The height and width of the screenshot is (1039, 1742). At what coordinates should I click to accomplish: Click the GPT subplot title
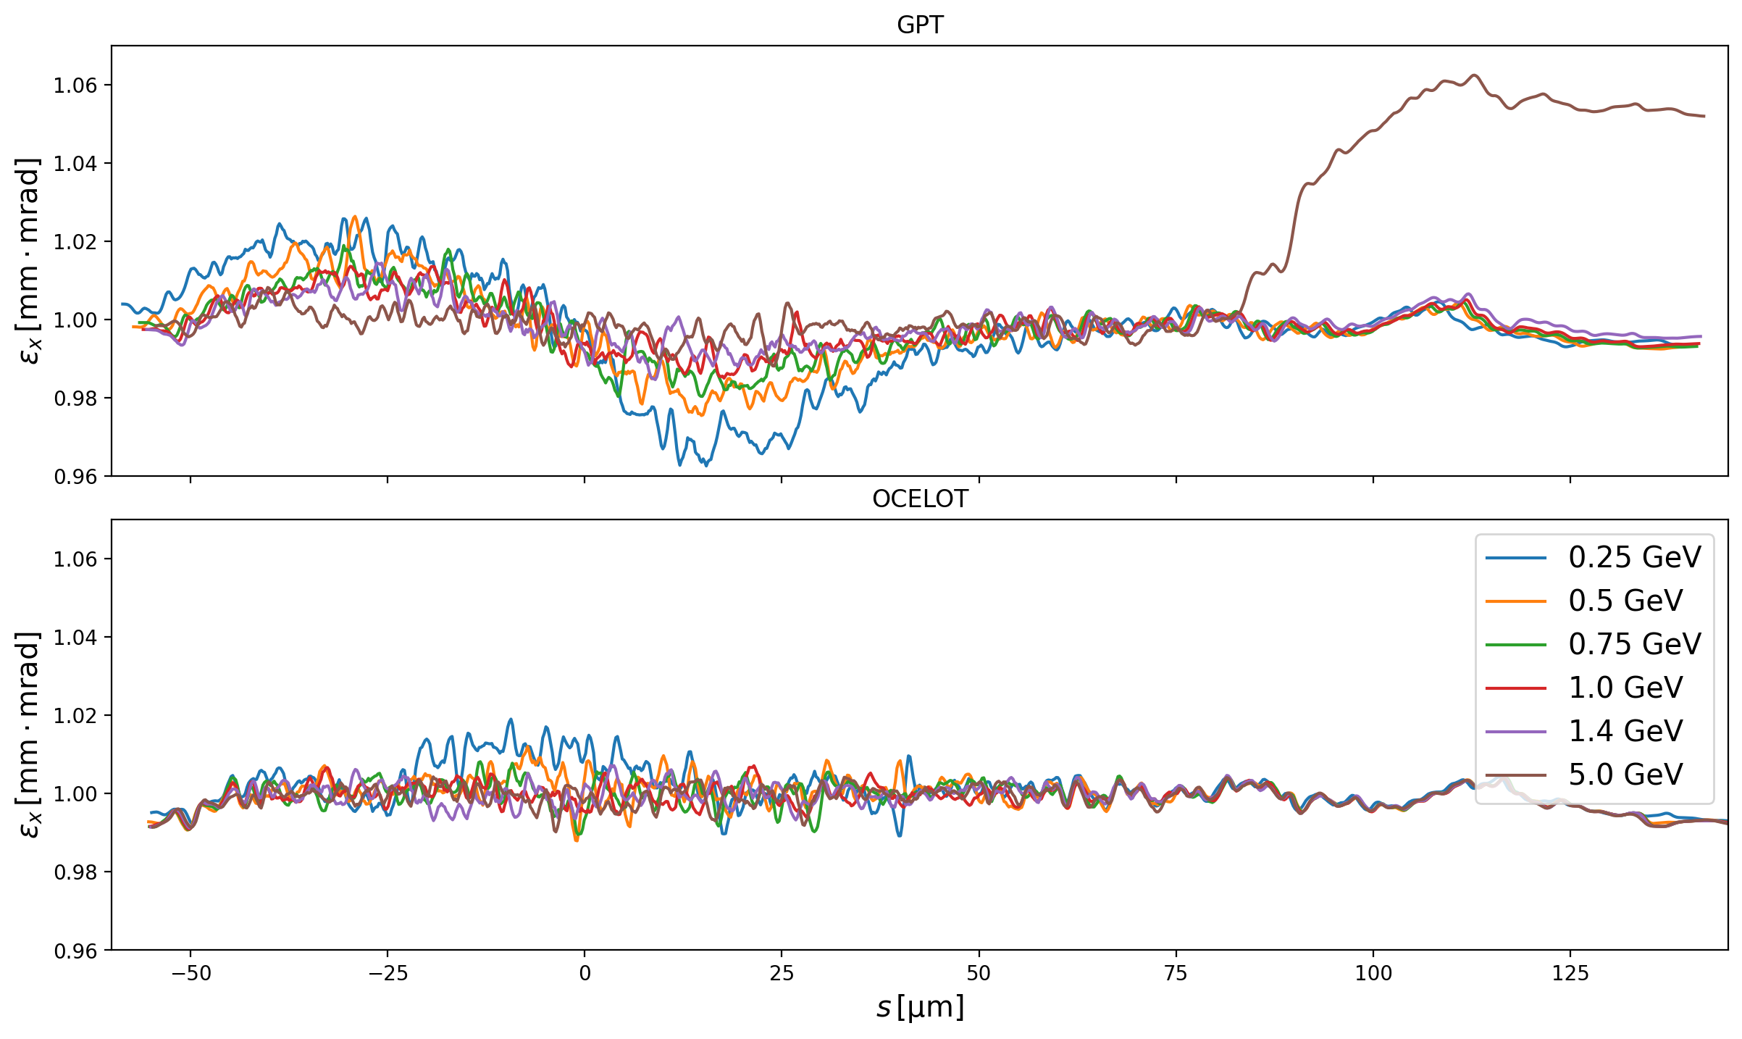[920, 25]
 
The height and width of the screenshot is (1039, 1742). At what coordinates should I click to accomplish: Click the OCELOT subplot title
[920, 499]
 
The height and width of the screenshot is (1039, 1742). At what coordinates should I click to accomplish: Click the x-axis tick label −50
[190, 972]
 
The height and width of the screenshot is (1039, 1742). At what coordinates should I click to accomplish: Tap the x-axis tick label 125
[1570, 972]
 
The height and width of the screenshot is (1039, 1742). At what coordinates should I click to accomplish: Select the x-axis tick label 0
[585, 972]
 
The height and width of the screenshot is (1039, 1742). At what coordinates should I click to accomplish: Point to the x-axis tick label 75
[1176, 972]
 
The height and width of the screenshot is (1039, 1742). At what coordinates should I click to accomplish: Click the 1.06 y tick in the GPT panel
[75, 85]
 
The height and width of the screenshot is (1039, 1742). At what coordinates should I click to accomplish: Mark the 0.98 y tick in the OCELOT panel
[75, 872]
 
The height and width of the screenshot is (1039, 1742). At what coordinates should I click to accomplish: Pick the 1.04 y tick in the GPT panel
[75, 164]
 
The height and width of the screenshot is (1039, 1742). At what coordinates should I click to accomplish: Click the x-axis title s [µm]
[920, 1008]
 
